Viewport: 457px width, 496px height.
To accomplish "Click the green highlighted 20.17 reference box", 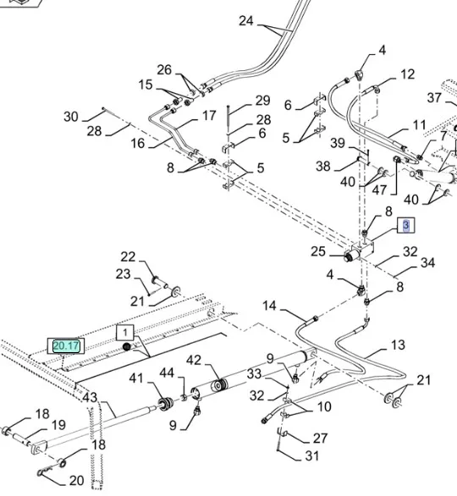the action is coord(66,345).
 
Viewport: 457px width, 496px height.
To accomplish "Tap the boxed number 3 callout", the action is coord(405,225).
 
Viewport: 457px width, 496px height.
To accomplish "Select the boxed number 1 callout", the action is coord(125,332).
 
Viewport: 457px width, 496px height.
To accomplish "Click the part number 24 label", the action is coord(246,21).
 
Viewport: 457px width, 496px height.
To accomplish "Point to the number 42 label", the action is coord(194,360).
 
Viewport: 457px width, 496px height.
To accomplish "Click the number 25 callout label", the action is coord(318,251).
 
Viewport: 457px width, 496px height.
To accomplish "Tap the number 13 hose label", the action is coord(398,344).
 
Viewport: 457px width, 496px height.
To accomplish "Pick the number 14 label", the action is coord(269,306).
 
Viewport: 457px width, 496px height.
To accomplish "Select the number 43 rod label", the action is coord(90,397).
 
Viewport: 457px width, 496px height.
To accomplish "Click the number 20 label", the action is coord(76,481).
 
